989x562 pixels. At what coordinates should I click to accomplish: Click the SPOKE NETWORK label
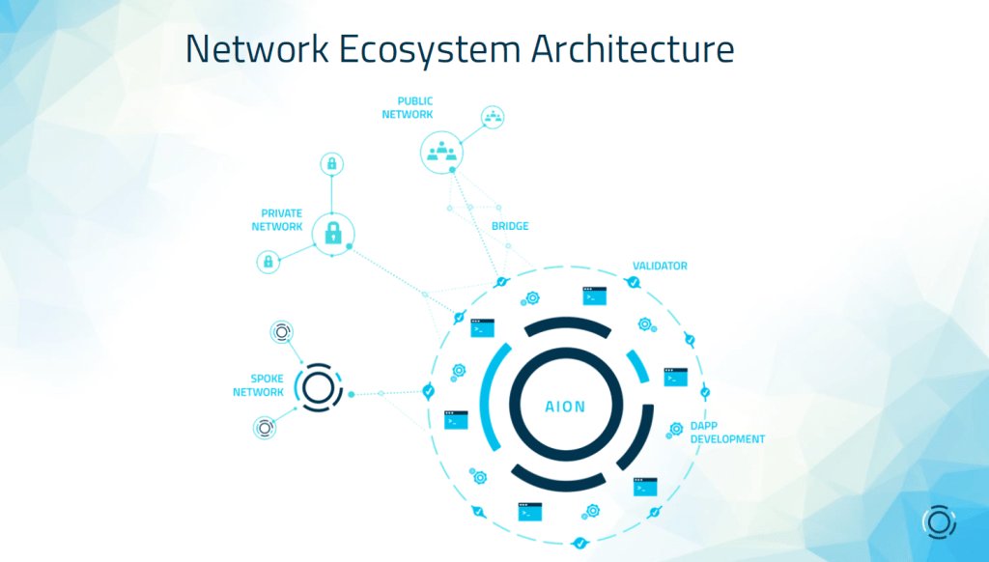(259, 385)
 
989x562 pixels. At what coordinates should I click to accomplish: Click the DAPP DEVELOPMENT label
(726, 433)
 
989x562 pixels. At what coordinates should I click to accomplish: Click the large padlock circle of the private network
(333, 232)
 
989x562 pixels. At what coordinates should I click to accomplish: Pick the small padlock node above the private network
(331, 164)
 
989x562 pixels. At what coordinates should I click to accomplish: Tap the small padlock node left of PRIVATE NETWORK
(268, 261)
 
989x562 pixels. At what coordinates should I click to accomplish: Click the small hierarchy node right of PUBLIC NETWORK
(494, 118)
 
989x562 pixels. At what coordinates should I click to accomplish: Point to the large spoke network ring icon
(318, 388)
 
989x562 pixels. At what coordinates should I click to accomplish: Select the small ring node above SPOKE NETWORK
(281, 333)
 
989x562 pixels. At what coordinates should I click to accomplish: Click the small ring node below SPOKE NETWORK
(264, 428)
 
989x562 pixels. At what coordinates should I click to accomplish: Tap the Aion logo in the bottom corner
(939, 521)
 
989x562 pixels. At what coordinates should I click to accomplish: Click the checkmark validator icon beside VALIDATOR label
(633, 282)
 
